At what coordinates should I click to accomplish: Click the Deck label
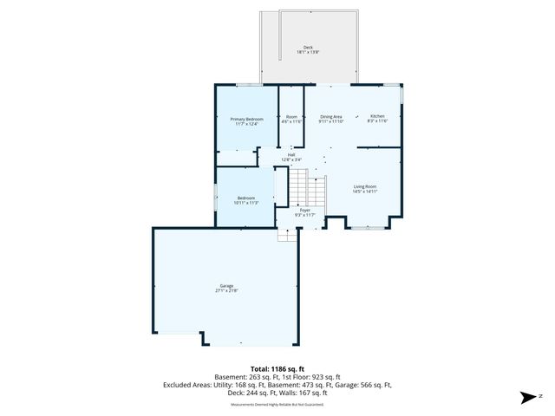coord(307,49)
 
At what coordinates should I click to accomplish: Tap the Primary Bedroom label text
coord(246,120)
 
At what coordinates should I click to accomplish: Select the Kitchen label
coord(379,118)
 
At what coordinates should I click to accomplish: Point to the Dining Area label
coord(331,119)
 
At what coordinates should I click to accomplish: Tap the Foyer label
coord(304,212)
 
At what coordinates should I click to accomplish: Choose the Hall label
coord(291,157)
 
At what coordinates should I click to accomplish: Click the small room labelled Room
coord(291,119)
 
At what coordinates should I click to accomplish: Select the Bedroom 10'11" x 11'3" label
coord(246,200)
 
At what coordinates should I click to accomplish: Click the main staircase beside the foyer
coord(306,186)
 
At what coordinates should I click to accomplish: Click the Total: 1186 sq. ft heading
coord(277,368)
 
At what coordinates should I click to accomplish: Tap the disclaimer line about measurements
coord(277,405)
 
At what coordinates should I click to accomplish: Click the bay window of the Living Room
coord(369,227)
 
